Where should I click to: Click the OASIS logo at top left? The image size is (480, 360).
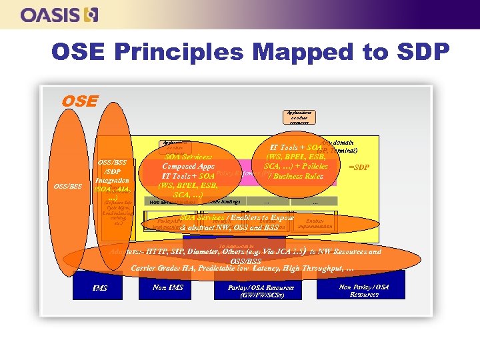[x=59, y=14]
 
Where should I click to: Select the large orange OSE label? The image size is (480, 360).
[x=79, y=101]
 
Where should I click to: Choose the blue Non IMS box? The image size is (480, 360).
[x=167, y=287]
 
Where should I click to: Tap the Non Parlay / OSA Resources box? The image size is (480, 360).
[x=364, y=290]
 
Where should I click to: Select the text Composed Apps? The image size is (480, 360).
[x=178, y=166]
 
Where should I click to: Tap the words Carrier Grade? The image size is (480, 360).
[x=156, y=267]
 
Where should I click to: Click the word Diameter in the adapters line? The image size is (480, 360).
[x=199, y=252]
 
